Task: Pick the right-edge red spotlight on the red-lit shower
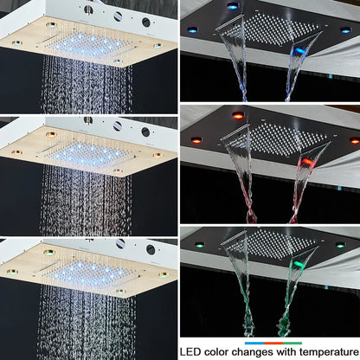[354, 140]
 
